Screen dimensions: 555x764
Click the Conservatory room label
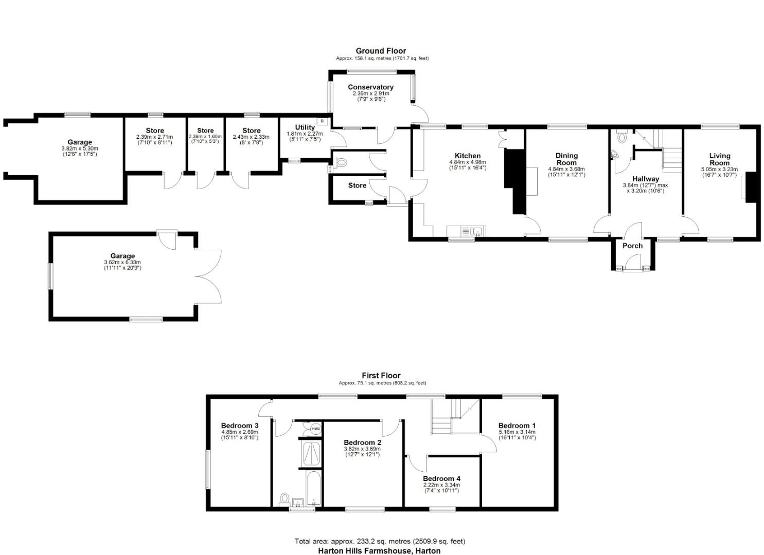click(x=370, y=87)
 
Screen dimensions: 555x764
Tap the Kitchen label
click(x=468, y=156)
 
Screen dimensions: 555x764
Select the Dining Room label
click(x=566, y=159)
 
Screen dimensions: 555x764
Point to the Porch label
click(x=632, y=246)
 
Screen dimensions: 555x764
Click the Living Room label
click(x=719, y=159)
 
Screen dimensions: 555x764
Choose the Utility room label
click(x=305, y=127)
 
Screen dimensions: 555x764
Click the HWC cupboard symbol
click(x=315, y=429)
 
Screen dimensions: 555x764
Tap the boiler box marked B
click(x=323, y=121)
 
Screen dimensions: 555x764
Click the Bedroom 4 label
click(x=441, y=478)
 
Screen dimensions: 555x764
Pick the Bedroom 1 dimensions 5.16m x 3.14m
click(x=517, y=432)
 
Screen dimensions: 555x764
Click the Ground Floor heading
click(x=381, y=51)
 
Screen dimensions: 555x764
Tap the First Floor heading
click(x=381, y=376)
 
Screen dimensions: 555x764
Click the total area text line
click(x=380, y=541)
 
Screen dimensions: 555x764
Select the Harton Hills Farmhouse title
click(x=379, y=551)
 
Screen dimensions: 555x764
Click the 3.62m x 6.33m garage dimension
click(x=122, y=263)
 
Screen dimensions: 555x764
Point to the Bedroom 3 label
click(x=240, y=425)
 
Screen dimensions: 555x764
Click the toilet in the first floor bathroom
click(x=285, y=498)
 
